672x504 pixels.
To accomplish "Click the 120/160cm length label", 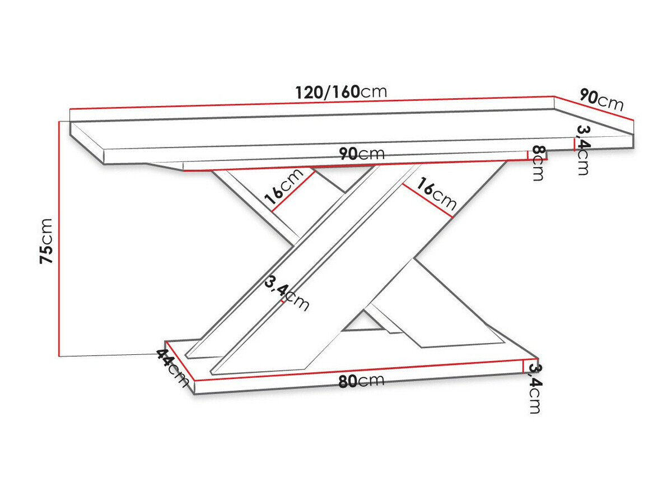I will click(x=342, y=91).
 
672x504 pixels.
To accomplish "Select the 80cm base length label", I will click(x=361, y=381).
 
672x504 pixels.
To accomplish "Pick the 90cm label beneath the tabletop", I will click(x=362, y=154).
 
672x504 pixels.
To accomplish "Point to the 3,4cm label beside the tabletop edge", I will click(x=582, y=150).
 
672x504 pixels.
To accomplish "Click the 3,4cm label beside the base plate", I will click(x=535, y=389).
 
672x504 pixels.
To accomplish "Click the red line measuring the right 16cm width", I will click(x=428, y=200).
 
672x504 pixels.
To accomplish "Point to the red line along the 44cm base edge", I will click(x=180, y=362).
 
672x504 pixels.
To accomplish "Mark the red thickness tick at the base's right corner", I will click(x=523, y=367).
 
